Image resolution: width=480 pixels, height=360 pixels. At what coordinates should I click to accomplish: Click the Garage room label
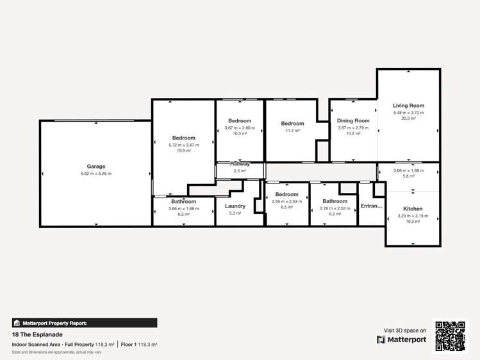click(x=96, y=167)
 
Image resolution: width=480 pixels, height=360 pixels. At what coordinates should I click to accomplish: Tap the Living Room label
click(x=408, y=106)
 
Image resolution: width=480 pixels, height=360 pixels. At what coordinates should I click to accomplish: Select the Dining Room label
click(x=353, y=120)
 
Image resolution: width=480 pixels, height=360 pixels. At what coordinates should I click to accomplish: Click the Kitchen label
click(x=413, y=209)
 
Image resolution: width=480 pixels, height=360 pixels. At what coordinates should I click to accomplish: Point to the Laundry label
click(x=235, y=206)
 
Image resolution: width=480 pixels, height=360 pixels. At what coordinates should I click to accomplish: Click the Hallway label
click(x=240, y=164)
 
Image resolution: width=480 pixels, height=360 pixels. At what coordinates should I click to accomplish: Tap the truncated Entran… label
click(x=371, y=206)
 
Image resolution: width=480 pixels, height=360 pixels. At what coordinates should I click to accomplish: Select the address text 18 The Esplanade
click(x=37, y=334)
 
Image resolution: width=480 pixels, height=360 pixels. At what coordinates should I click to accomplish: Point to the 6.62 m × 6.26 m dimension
click(x=96, y=174)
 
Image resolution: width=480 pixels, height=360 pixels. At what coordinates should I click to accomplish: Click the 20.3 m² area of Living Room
click(x=408, y=119)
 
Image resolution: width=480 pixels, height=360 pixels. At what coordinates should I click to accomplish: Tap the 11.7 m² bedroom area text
click(x=292, y=131)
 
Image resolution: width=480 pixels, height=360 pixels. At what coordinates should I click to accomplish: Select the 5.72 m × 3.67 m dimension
click(x=183, y=145)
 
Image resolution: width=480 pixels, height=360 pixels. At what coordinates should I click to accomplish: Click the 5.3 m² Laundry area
click(x=235, y=213)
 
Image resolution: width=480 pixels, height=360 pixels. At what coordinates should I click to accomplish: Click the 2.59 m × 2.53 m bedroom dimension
click(x=286, y=201)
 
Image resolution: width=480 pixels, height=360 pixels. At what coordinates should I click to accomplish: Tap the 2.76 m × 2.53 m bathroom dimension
click(x=335, y=208)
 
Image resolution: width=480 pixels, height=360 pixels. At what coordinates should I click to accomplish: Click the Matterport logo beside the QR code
click(x=402, y=340)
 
